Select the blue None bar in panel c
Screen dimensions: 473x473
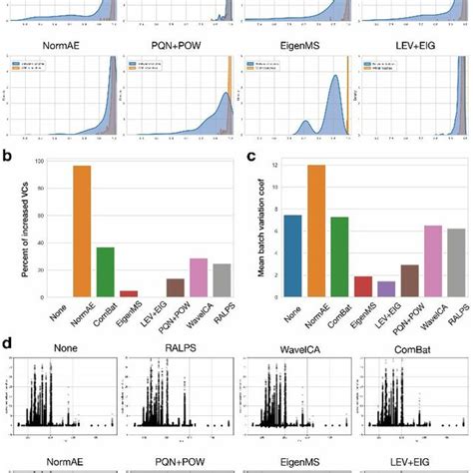click(x=292, y=255)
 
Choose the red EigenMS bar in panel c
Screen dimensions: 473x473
click(x=365, y=286)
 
